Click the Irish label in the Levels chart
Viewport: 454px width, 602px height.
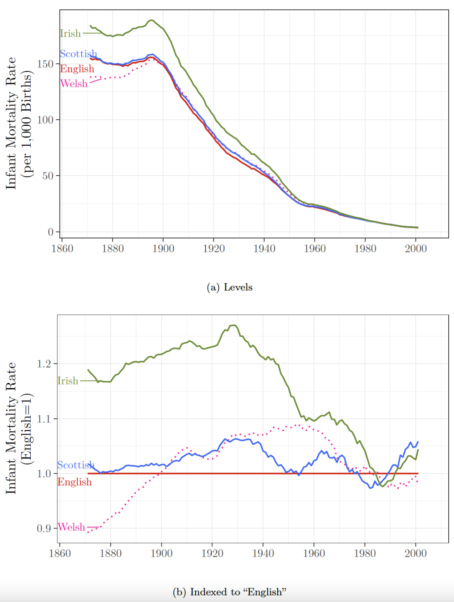coord(70,34)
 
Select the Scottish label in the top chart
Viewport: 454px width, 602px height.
coord(78,54)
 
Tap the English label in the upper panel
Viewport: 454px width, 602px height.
coord(77,69)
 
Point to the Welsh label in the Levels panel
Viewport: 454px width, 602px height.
coord(74,84)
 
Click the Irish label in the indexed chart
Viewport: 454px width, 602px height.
coord(68,381)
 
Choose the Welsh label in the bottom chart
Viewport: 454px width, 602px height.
coord(71,527)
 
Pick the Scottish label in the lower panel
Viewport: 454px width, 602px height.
coord(76,465)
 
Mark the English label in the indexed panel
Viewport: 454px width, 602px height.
coord(75,482)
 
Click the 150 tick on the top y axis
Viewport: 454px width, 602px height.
coord(45,64)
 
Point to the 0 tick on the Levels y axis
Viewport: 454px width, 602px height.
coord(51,232)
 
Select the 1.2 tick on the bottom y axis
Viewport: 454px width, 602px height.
coord(44,364)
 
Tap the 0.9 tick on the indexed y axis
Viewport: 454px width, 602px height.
coord(44,528)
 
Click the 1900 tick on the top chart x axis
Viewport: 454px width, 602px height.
coord(163,249)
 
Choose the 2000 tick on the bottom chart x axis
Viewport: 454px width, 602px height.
coord(415,553)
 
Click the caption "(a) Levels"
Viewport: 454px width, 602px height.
coord(229,287)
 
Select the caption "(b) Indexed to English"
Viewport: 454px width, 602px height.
coord(229,592)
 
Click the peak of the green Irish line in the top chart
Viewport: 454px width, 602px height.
coord(151,20)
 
